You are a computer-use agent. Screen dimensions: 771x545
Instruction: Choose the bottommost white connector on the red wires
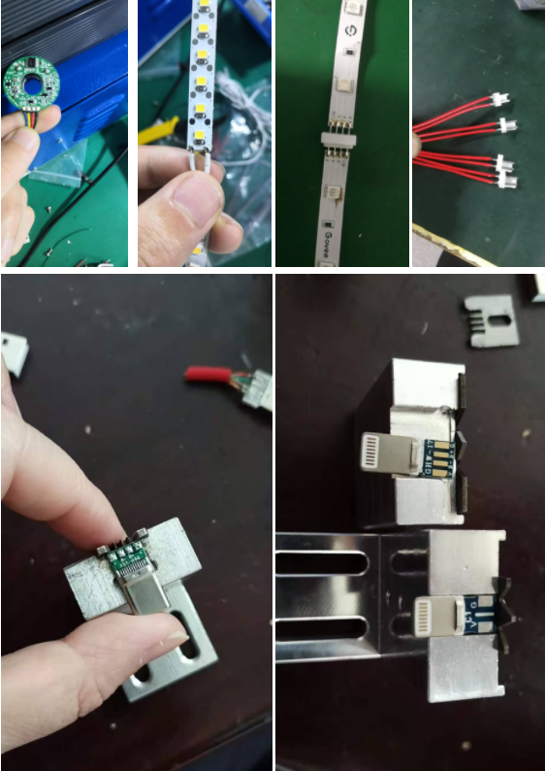click(507, 181)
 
